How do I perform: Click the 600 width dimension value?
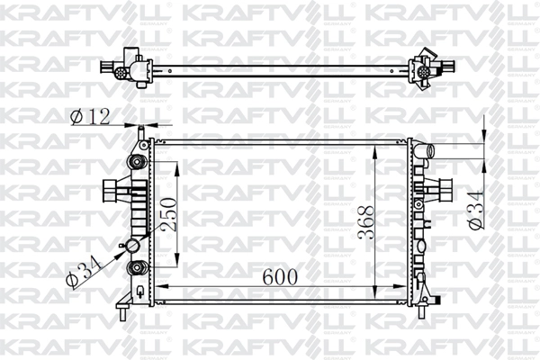280,276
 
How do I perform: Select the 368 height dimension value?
365,222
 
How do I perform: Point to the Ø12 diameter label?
90,116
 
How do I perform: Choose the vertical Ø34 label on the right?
476,210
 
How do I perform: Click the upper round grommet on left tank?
137,162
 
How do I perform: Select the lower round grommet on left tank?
137,267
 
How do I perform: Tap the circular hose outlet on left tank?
132,246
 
